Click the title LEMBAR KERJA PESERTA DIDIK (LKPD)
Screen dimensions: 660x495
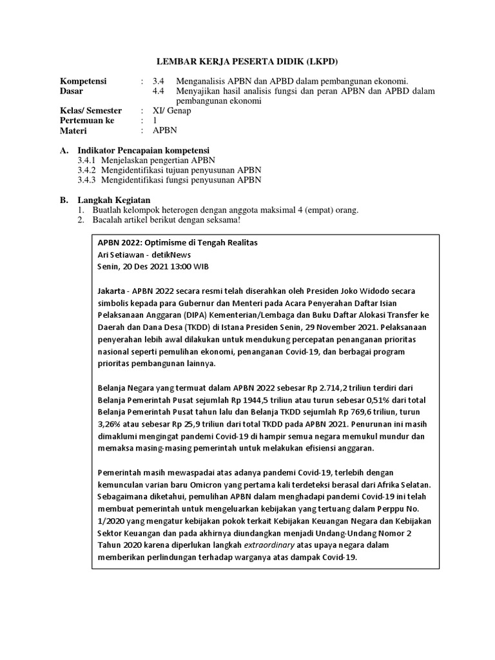pos(247,61)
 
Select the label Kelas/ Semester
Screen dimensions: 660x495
pos(91,111)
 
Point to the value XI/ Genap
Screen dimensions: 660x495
pos(172,111)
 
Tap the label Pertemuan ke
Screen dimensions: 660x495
pos(87,121)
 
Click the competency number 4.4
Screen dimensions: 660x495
pos(159,91)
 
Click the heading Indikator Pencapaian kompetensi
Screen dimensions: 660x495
pos(150,150)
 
